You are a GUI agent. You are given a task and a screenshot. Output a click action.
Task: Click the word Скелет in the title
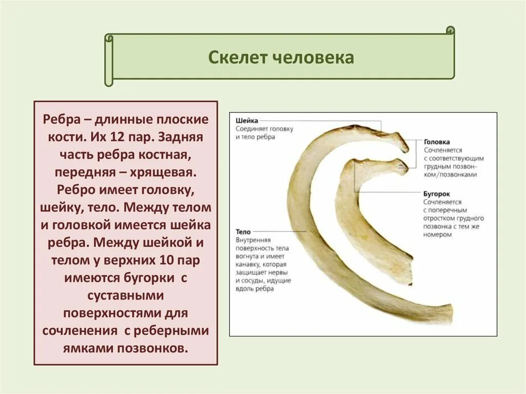pos(233,57)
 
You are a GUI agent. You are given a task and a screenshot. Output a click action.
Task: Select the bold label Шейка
pos(247,120)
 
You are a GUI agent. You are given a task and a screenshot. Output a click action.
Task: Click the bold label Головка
pos(437,142)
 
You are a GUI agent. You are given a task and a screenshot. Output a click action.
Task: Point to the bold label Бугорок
pos(437,194)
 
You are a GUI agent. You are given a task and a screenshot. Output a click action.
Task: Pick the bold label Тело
pos(243,232)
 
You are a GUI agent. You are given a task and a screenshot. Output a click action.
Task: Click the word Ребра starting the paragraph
pos(61,120)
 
